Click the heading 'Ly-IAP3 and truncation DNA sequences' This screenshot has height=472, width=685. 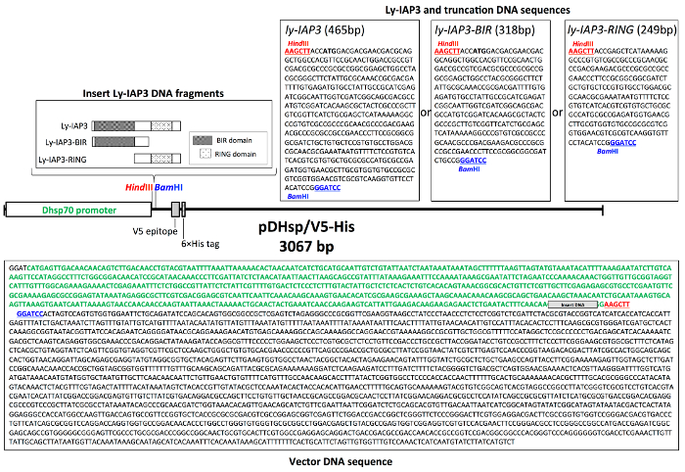point(451,9)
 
